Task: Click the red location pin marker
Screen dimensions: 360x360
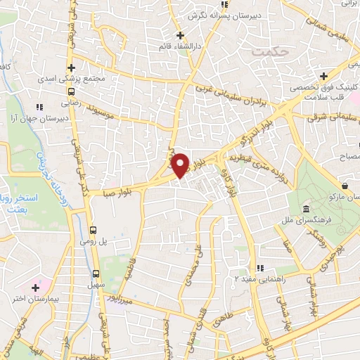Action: tap(181, 165)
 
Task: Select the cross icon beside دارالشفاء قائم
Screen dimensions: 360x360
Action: tap(180, 35)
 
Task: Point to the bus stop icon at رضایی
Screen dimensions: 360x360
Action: tap(71, 91)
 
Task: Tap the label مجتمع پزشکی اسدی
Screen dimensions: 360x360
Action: tap(98, 79)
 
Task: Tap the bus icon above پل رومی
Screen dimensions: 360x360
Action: tap(93, 230)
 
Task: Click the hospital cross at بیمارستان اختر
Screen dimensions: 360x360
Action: tap(35, 287)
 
